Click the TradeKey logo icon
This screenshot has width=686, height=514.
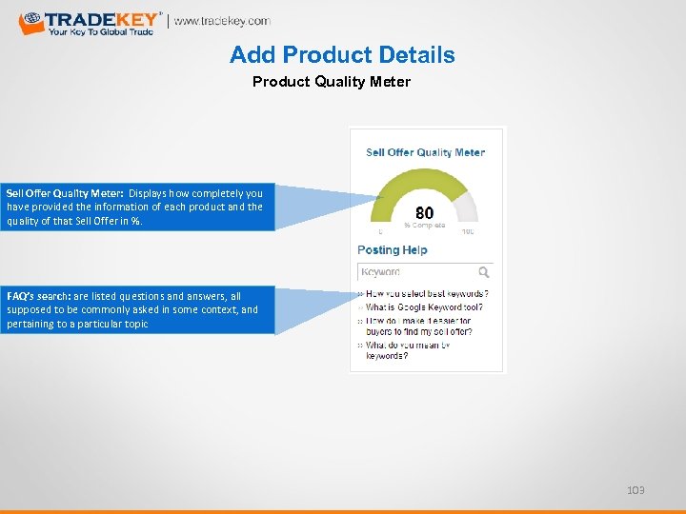[x=31, y=23]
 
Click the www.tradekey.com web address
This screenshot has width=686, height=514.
[x=222, y=21]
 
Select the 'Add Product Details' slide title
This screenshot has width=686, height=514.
[x=342, y=55]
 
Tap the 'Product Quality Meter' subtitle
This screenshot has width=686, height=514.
[x=331, y=82]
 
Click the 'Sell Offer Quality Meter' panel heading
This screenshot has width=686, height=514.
[x=425, y=152]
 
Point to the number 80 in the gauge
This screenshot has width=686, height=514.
[x=425, y=212]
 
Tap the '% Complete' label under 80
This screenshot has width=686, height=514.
[x=424, y=227]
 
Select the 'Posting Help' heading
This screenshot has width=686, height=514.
[x=393, y=250]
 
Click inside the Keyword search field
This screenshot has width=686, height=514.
[x=414, y=272]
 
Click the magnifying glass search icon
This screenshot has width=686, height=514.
[x=484, y=272]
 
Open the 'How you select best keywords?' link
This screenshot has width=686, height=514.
[x=427, y=294]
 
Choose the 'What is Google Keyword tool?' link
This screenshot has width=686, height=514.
[x=424, y=307]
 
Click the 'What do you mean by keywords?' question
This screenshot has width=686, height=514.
[x=408, y=349]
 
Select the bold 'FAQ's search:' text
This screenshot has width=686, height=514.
[x=38, y=296]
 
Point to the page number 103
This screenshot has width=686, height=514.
[x=636, y=490]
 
